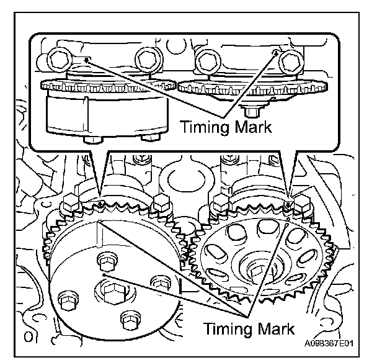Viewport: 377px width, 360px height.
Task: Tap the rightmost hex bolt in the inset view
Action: pos(291,61)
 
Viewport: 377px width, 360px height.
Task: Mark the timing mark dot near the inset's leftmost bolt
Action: pos(87,60)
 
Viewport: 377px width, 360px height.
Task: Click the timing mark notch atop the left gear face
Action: pos(99,222)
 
